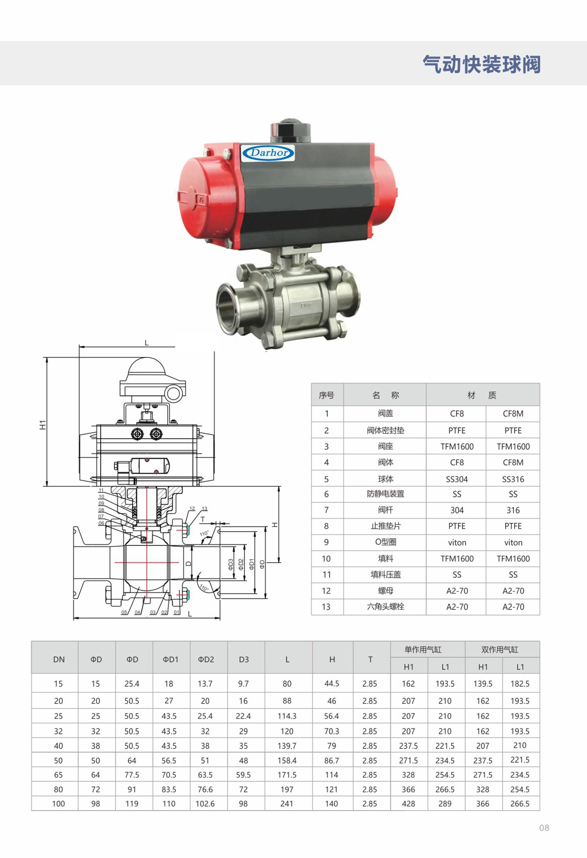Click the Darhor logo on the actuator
[268, 153]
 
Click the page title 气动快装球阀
[482, 64]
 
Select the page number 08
[544, 828]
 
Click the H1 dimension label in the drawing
[43, 425]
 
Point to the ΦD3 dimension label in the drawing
[231, 564]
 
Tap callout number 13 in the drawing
[204, 509]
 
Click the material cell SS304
[457, 479]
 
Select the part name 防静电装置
[385, 494]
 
